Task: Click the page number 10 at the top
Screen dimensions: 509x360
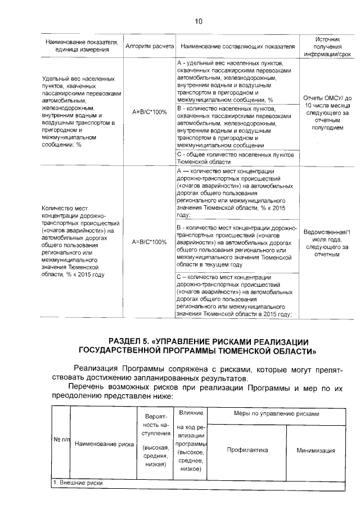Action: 198,22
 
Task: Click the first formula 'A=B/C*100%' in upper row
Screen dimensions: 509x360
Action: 149,112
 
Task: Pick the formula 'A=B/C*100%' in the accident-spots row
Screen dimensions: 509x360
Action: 149,242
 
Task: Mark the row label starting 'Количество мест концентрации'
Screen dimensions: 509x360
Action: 79,242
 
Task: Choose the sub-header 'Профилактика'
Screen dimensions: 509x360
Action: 247,450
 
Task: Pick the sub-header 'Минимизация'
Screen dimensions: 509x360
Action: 316,450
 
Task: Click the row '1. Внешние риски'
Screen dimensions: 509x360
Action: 79,483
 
